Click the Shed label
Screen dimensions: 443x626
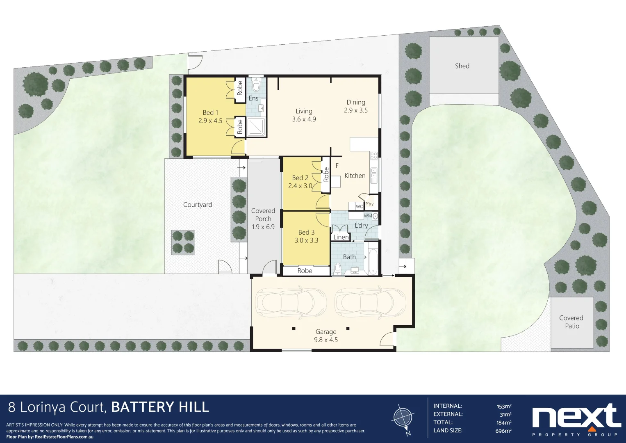pos(462,66)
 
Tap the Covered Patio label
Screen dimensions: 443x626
pos(571,322)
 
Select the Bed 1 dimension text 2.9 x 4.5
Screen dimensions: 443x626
pos(210,121)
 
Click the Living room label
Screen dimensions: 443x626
pos(304,111)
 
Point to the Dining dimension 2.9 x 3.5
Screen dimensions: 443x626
pos(356,110)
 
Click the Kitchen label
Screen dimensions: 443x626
pos(355,176)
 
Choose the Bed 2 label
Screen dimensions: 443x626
pos(300,178)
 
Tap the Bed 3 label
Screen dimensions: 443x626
pos(306,232)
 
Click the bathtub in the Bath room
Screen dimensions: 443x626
pos(373,258)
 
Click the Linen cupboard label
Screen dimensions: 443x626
pos(341,237)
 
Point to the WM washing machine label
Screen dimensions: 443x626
pos(368,216)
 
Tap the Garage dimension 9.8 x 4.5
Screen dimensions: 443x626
pos(326,340)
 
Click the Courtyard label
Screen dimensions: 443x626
pos(198,205)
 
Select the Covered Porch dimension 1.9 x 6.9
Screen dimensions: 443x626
pos(263,227)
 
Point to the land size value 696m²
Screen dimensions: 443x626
pos(503,431)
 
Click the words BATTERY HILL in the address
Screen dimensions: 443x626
pos(160,407)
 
